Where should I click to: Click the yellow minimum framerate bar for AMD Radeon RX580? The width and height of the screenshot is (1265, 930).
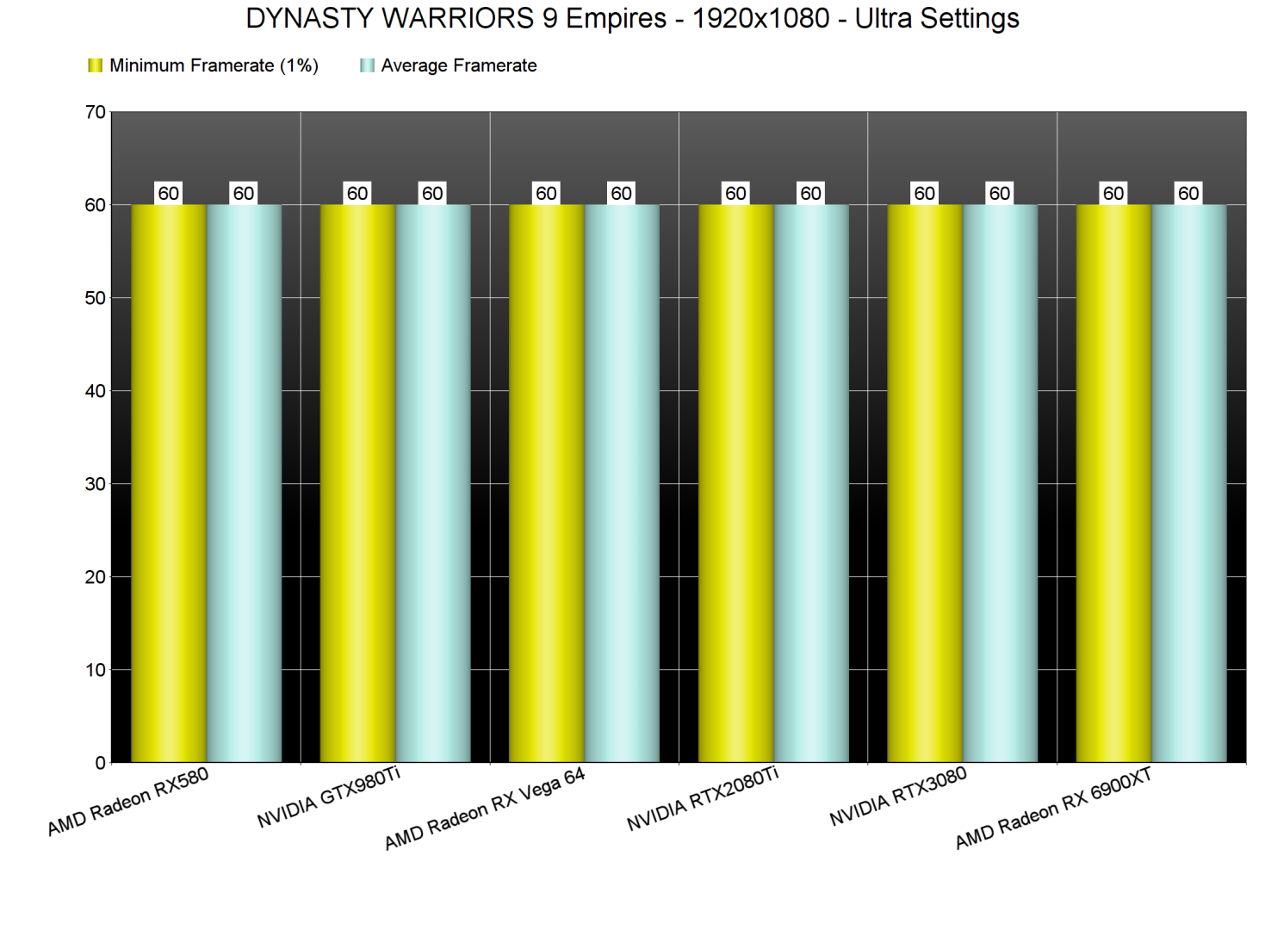[x=168, y=482]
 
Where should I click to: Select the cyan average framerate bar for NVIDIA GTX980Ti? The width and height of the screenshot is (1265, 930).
[x=433, y=482]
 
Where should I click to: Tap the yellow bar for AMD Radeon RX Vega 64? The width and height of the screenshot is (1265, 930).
[x=546, y=482]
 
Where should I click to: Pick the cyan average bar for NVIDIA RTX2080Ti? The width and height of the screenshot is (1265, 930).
[x=811, y=482]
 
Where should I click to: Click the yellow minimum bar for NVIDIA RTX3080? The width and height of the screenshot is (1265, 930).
[x=924, y=482]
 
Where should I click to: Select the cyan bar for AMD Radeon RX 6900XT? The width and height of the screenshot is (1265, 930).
[x=1189, y=482]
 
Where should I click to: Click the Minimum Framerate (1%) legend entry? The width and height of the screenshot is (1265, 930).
[x=204, y=65]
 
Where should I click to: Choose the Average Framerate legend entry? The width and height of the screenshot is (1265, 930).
[x=449, y=65]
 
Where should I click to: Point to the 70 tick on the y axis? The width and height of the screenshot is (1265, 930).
[x=96, y=112]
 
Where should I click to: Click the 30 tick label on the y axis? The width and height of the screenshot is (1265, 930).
[x=96, y=484]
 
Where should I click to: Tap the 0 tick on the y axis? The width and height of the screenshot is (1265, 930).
[x=100, y=763]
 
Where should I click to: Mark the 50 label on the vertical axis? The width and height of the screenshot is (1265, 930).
[x=96, y=298]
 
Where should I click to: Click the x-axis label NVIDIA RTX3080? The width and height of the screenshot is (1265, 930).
[x=898, y=797]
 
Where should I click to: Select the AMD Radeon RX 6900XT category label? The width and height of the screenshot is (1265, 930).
[x=1053, y=809]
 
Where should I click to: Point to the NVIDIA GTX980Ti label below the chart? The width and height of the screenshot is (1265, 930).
[x=329, y=797]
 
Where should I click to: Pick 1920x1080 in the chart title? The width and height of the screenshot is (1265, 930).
[x=760, y=18]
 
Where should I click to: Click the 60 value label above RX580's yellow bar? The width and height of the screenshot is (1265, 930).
[x=169, y=193]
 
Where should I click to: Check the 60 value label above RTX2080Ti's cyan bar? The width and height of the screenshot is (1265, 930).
[x=811, y=193]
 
